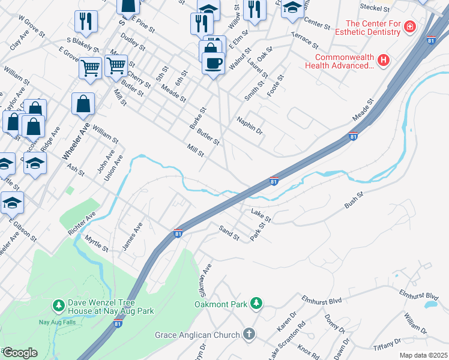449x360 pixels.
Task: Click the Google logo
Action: pos(19,353)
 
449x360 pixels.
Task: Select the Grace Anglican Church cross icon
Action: pos(249,334)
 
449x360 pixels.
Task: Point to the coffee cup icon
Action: pos(213,62)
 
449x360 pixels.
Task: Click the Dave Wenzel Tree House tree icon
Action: pos(58,306)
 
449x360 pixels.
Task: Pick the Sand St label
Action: pos(229,233)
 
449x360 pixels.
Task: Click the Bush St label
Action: pos(354,200)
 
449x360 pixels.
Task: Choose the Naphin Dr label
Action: pos(250,125)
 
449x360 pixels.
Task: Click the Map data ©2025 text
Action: pos(423,355)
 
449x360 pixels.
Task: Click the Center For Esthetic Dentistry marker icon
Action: pos(410,27)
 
